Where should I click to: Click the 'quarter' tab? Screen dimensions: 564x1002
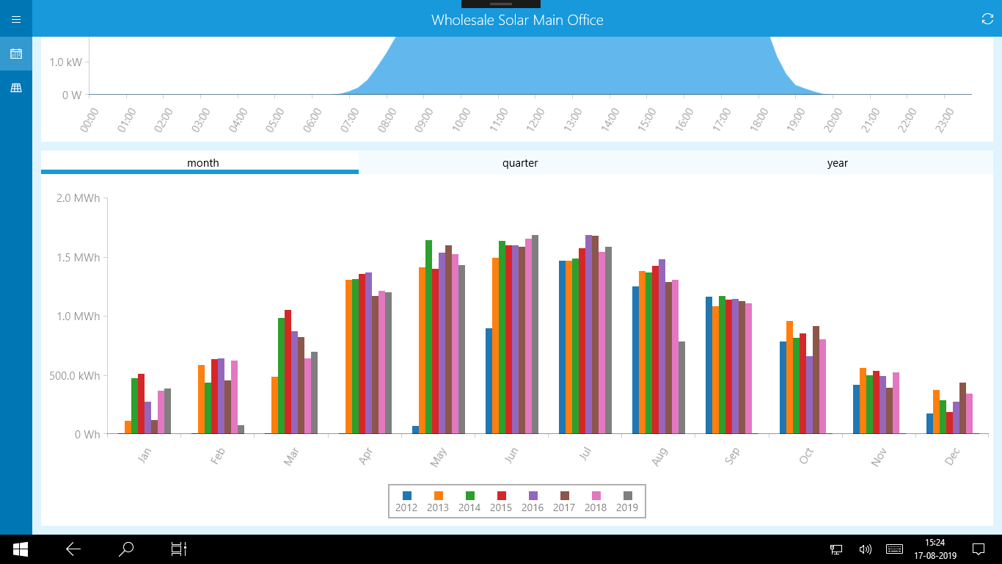(x=520, y=163)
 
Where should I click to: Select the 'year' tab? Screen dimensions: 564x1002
(x=837, y=163)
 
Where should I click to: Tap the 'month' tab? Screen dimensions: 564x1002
(x=203, y=163)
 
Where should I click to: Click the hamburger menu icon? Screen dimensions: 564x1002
(x=16, y=19)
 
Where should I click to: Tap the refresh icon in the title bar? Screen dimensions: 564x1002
(x=987, y=19)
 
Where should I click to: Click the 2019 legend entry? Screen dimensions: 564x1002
(x=627, y=502)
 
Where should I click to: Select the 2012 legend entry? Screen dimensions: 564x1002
(x=406, y=502)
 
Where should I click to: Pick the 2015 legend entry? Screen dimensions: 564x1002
(x=501, y=502)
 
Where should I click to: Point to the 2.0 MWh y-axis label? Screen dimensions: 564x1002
(x=78, y=198)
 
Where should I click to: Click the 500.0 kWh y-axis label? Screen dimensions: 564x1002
(x=78, y=375)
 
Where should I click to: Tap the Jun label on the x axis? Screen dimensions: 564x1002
(x=511, y=455)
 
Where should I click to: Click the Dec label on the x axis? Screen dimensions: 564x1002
(x=952, y=456)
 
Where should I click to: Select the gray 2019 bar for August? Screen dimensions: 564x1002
(x=682, y=388)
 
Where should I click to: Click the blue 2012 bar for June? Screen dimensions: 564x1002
(x=489, y=381)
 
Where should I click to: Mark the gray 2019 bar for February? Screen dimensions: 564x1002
(x=241, y=430)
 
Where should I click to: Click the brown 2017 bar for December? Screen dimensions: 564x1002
(x=962, y=408)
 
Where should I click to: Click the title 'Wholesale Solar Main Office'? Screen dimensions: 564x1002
(x=517, y=20)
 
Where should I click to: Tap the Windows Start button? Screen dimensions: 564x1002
(x=20, y=549)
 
